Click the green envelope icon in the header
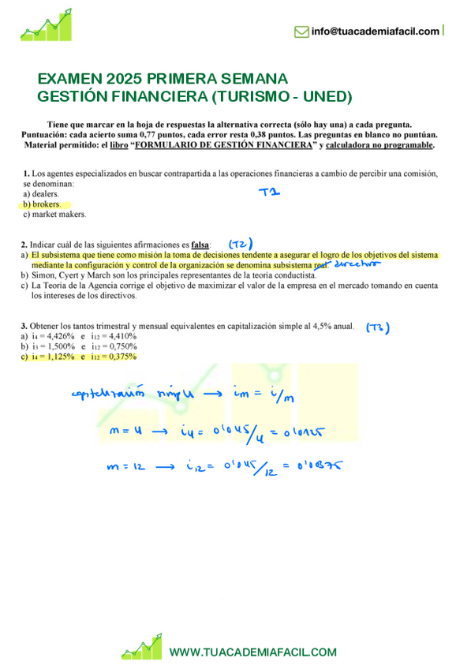click(x=301, y=32)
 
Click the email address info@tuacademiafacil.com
click(x=375, y=32)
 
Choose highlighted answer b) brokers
click(x=42, y=204)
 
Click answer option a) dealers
click(x=42, y=193)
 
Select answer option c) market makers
click(x=54, y=215)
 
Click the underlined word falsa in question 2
click(x=200, y=245)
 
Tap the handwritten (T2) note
click(x=245, y=244)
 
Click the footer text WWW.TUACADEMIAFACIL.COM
click(x=253, y=652)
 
